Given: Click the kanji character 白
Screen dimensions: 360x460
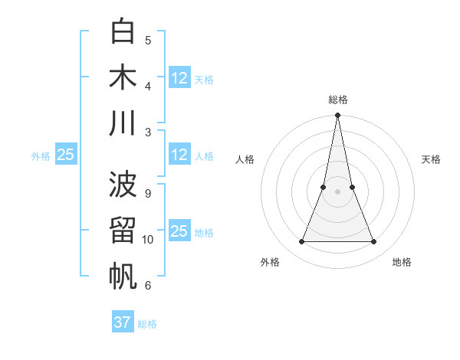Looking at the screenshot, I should [123, 31].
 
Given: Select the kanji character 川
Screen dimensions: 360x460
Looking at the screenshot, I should [123, 123].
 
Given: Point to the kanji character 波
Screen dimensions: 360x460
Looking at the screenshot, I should [123, 185].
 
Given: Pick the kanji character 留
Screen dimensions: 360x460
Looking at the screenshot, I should [123, 231].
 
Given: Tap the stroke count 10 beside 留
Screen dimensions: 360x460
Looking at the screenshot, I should [148, 240].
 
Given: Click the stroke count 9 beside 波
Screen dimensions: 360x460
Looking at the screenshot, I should [147, 194].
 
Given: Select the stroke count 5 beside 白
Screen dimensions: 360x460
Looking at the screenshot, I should [147, 41].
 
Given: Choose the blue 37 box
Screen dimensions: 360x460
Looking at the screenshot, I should [123, 322].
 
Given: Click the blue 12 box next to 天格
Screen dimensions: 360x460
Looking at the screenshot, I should [179, 78].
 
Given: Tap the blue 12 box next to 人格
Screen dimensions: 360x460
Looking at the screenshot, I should [179, 155].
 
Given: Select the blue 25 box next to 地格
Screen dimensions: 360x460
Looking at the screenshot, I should [179, 231].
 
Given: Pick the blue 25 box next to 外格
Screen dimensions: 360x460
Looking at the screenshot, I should [66, 155].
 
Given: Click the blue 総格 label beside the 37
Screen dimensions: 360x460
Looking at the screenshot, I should [147, 324].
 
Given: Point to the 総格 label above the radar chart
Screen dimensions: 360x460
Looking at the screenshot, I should [337, 100].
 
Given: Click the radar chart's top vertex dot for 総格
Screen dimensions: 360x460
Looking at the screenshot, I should [337, 116].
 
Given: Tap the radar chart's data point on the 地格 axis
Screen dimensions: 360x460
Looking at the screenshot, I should [374, 242].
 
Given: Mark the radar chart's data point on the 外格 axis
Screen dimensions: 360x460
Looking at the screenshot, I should [301, 242].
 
